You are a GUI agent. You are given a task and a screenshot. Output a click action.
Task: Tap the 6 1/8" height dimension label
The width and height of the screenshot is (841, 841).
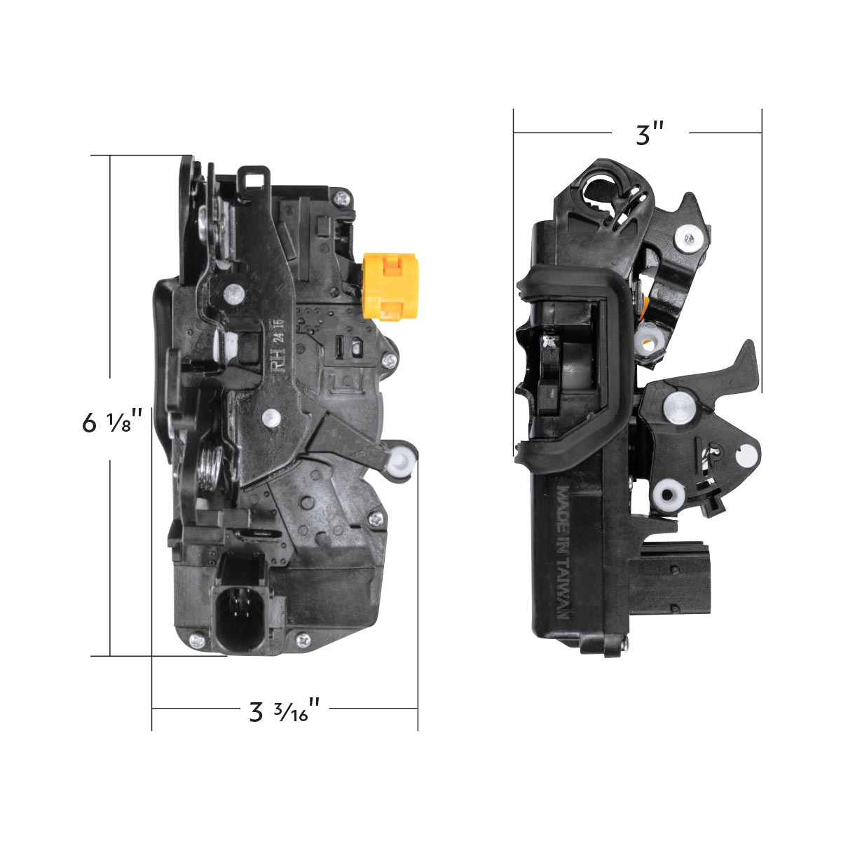(112, 423)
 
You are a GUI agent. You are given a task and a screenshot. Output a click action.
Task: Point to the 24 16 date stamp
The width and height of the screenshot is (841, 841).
(278, 328)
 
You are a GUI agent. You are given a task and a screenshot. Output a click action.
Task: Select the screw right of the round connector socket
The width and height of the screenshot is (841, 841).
(303, 638)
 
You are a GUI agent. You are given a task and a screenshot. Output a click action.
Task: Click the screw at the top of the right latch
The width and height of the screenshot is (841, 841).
(687, 239)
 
